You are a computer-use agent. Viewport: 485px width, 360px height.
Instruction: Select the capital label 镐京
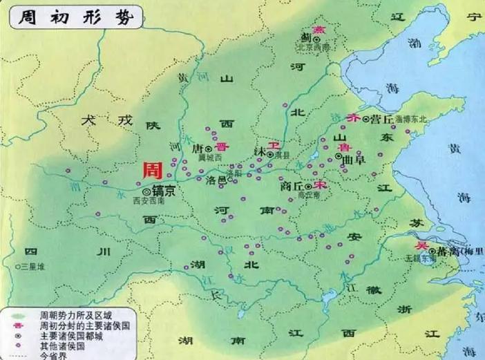pyautogui.click(x=164, y=191)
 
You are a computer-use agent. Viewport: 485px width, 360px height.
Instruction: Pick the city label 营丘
pyautogui.click(x=382, y=120)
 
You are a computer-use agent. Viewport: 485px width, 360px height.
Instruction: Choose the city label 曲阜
pyautogui.click(x=355, y=158)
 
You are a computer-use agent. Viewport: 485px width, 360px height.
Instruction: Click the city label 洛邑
pyautogui.click(x=216, y=180)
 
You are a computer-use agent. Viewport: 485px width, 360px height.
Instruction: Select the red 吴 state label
pyautogui.click(x=420, y=245)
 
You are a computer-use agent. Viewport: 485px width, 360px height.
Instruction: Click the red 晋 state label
pyautogui.click(x=220, y=146)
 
